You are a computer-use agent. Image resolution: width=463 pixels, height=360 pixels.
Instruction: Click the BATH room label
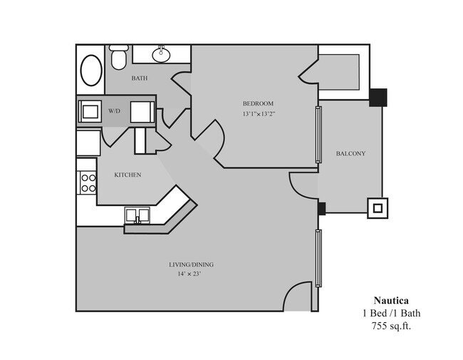coord(140,78)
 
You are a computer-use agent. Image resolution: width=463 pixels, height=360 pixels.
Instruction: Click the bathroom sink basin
coord(162,52)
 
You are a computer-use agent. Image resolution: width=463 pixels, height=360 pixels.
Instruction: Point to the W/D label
coord(115,112)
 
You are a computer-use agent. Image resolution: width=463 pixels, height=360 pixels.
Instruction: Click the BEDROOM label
coord(258,104)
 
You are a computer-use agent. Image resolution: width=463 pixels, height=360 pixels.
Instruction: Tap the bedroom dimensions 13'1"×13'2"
coord(258,114)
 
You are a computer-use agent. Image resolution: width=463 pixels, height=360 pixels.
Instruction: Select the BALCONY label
coord(350,153)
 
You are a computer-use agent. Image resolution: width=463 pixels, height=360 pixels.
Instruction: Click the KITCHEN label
coord(128,175)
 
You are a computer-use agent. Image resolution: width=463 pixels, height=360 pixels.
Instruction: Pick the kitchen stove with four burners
coord(88,182)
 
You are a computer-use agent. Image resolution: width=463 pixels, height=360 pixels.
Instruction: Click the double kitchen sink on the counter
coord(137,215)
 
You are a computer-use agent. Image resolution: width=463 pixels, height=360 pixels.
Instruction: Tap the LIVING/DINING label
coord(191,264)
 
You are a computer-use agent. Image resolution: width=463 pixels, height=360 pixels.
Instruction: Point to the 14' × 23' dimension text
coord(191,274)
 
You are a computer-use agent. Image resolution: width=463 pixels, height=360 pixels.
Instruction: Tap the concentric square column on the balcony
coord(377,208)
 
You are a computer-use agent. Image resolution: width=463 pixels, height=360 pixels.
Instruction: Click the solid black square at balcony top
coord(378,96)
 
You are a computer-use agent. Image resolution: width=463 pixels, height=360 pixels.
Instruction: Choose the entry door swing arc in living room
coord(299,294)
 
